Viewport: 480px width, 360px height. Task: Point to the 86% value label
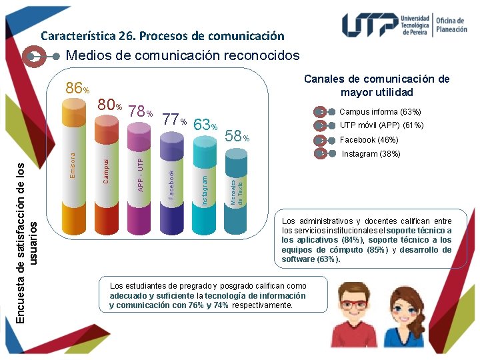tap(77, 89)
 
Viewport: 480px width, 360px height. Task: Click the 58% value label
tap(237, 137)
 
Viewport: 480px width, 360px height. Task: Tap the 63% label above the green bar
tap(205, 125)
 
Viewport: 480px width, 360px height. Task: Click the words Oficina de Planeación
tap(451, 25)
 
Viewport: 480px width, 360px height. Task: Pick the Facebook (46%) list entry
tap(369, 140)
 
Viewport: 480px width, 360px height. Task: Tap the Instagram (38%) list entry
tap(371, 154)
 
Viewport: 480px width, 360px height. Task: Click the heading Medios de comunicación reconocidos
tap(183, 56)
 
